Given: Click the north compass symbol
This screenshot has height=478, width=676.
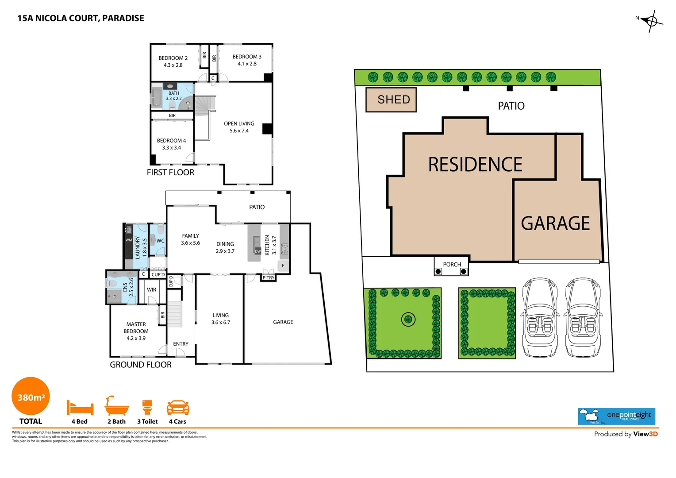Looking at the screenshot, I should [651, 21].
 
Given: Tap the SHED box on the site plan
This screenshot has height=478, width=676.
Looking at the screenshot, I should [391, 100].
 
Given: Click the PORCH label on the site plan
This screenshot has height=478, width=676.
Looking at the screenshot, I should [452, 264].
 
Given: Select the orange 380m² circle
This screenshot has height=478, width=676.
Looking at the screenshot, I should [31, 397].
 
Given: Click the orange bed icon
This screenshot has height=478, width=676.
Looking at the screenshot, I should [80, 407].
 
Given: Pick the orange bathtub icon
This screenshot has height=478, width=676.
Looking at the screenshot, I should [117, 405].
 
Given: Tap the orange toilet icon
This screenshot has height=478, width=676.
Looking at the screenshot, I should [147, 407].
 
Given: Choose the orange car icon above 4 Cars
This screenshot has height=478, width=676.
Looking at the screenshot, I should [178, 407].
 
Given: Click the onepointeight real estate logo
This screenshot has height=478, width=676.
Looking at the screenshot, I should [616, 416].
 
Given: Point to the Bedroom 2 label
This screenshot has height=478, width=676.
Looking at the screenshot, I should [173, 62].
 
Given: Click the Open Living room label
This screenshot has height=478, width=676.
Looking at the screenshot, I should [239, 127].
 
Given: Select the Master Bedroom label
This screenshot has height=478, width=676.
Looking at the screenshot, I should [136, 331].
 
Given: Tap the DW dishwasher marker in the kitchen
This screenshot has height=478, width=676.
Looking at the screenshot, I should [257, 251].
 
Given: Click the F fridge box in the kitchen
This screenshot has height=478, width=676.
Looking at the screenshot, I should [283, 266].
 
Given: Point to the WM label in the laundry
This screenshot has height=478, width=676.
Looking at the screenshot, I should [128, 240].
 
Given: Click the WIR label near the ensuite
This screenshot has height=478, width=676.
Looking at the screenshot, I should [151, 290].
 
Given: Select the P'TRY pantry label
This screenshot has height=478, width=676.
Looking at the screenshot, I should [269, 278].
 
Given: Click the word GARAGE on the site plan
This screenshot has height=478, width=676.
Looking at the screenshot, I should [555, 224].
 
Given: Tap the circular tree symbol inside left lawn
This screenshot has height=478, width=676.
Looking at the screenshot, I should [408, 319].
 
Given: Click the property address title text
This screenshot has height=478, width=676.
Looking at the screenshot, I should [81, 18].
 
